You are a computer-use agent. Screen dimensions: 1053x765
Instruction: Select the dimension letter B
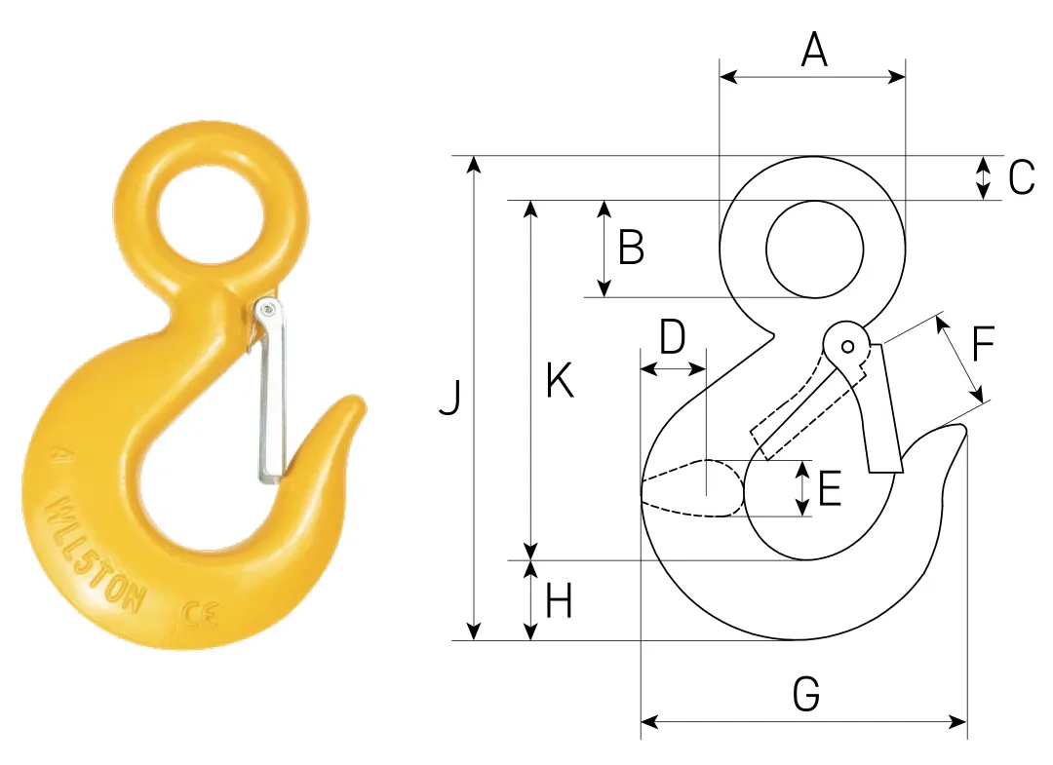click(x=631, y=247)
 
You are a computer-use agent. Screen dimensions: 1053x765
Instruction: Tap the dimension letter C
click(x=1021, y=177)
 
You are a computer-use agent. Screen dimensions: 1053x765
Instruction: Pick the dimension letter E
click(x=830, y=488)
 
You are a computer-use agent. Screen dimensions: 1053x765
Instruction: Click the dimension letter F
click(x=983, y=344)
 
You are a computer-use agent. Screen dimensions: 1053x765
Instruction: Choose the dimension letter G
click(x=806, y=694)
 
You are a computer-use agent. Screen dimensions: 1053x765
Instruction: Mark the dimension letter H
click(x=558, y=601)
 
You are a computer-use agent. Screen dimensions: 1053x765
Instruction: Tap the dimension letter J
click(x=450, y=398)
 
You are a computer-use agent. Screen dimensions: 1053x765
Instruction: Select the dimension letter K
click(x=560, y=380)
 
